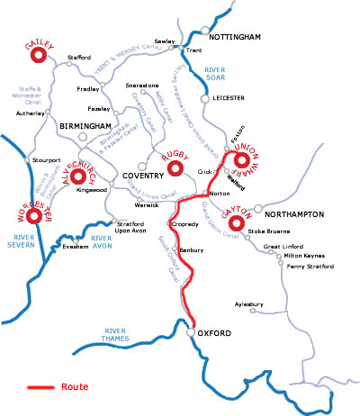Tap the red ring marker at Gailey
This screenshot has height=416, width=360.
39,56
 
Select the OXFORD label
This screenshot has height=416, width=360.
217,334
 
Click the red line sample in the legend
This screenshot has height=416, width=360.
40,388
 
